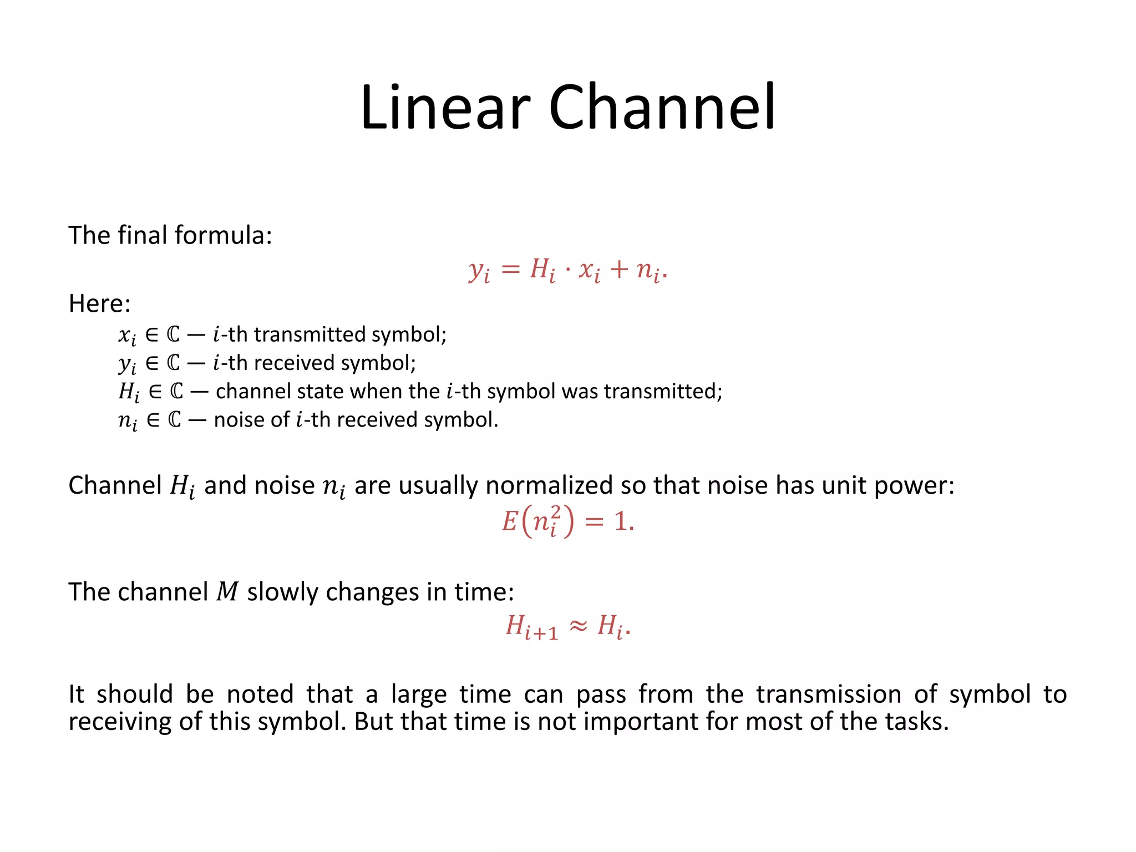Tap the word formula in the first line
[x=220, y=235]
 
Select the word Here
[x=99, y=303]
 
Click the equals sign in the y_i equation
[x=510, y=270]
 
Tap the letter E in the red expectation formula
[x=509, y=522]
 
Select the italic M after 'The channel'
[x=227, y=592]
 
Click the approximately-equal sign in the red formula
[x=578, y=626]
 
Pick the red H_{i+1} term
[x=531, y=627]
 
